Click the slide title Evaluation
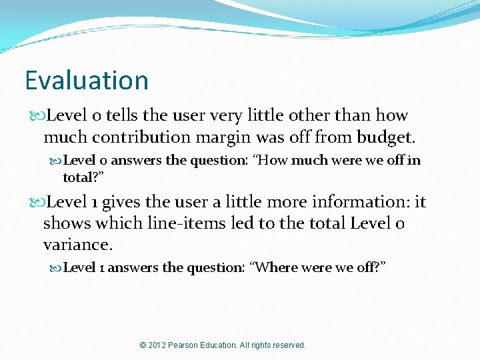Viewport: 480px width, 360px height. pos(87,81)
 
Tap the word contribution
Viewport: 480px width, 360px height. pos(133,137)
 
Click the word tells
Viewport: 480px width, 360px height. pos(121,115)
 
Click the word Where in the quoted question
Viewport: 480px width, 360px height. pos(275,267)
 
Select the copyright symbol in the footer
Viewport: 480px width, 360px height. pos(143,345)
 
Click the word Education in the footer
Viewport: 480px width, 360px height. pos(223,345)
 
